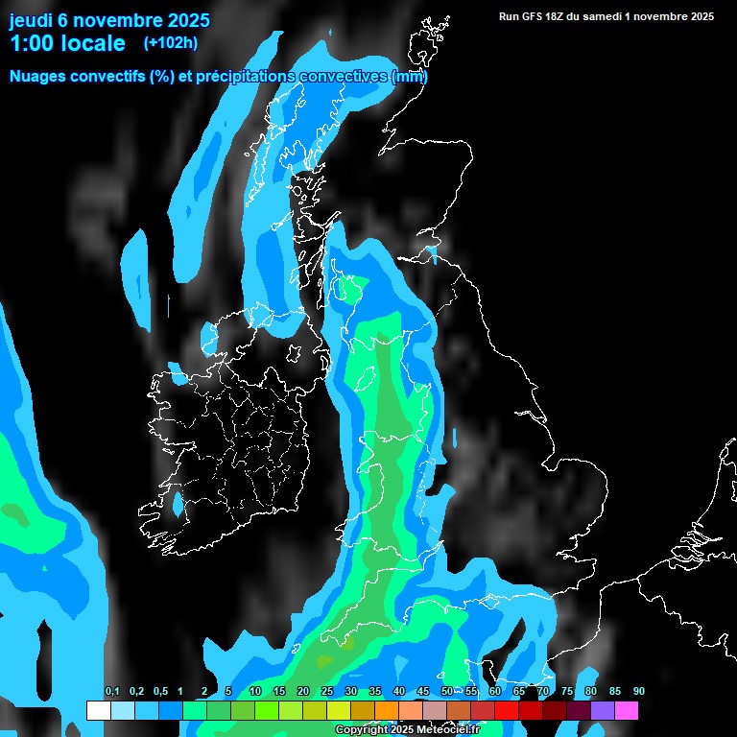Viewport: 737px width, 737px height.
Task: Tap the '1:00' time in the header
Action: tap(31, 43)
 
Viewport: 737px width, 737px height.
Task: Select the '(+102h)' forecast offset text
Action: tap(171, 42)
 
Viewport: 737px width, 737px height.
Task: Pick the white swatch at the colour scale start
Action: tap(98, 711)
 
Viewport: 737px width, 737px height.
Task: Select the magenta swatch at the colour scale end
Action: tap(627, 711)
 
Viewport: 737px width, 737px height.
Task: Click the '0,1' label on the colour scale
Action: tap(111, 692)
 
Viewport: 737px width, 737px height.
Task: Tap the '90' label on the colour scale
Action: tap(639, 692)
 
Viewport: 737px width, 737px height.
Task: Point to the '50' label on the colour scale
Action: tap(447, 692)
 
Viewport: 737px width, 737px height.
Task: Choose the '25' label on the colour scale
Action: tap(327, 692)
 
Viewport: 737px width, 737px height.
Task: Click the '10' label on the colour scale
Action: tap(255, 692)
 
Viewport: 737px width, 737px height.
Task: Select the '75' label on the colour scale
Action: tap(567, 692)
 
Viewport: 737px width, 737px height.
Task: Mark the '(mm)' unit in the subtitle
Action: tap(410, 76)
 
